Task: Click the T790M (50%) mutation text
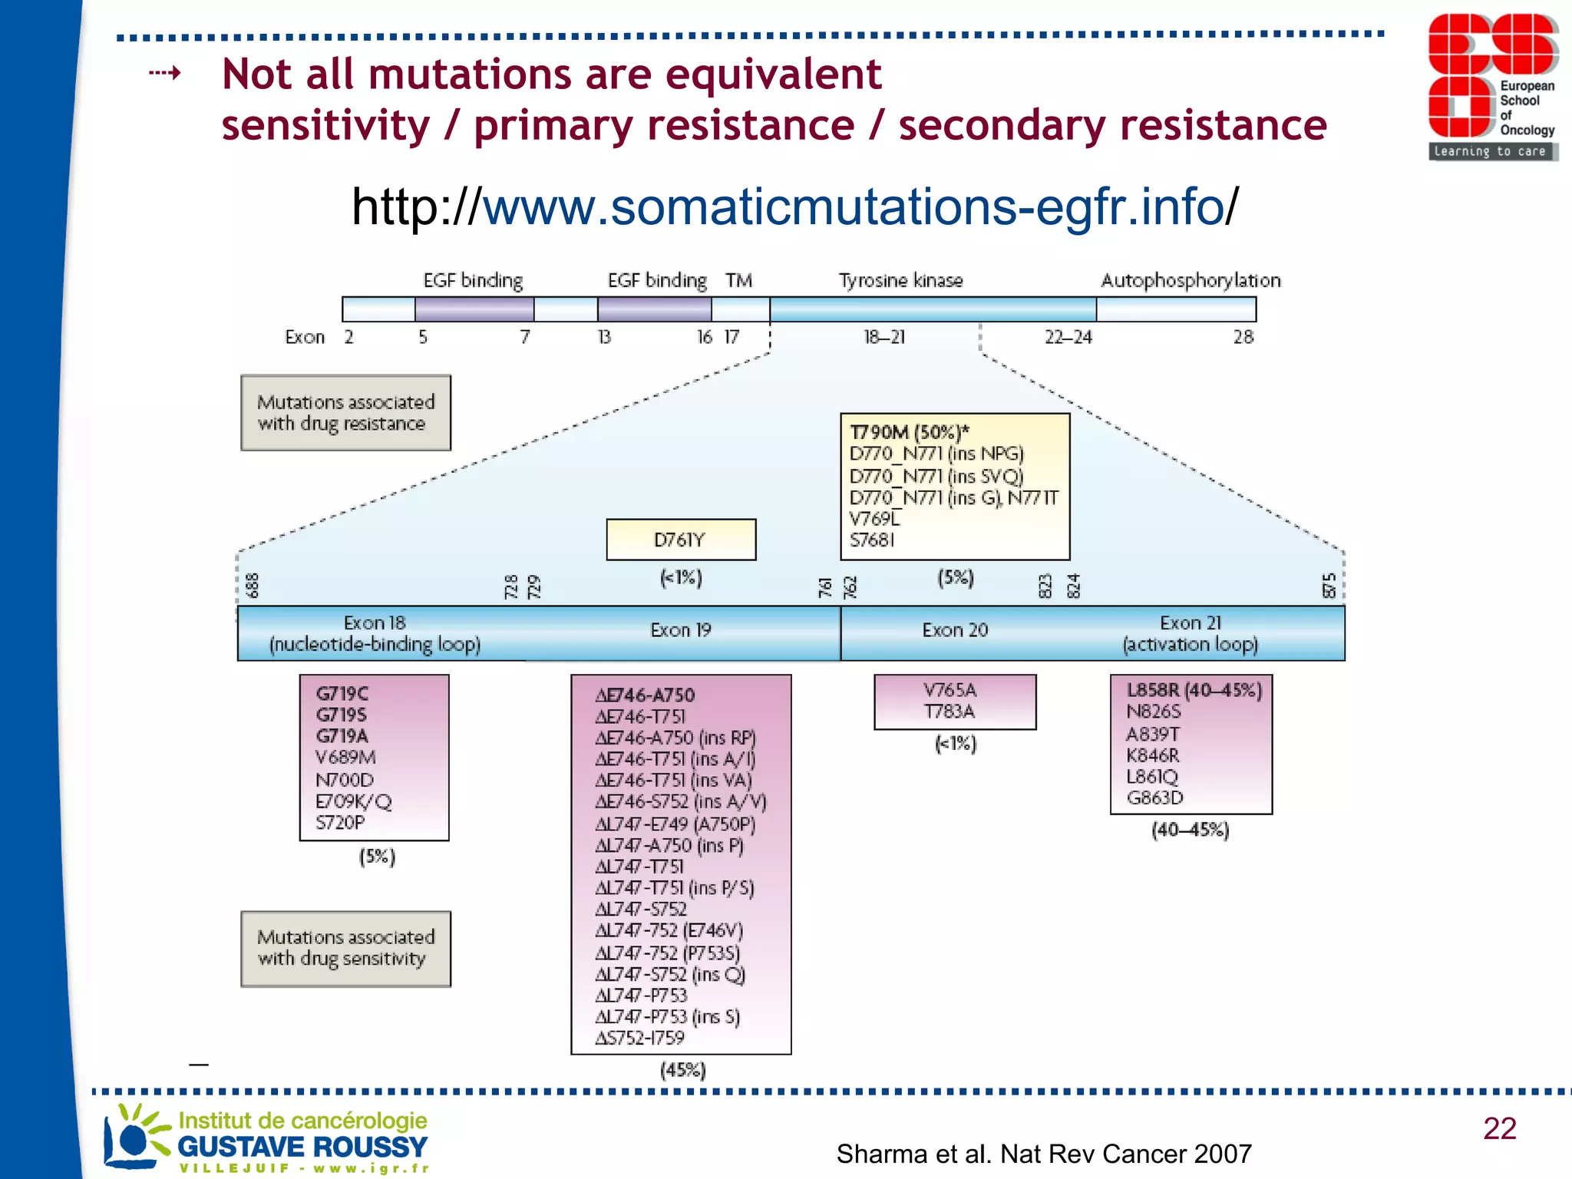[x=909, y=431]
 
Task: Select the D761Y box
[x=680, y=540]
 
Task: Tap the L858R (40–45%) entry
[x=1194, y=690]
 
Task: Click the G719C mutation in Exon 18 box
[x=342, y=693]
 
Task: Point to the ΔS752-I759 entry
[x=639, y=1038]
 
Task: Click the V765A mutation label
[x=949, y=689]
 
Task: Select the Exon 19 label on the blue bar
[x=680, y=630]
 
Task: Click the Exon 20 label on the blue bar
[x=954, y=630]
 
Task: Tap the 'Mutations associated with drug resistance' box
[x=345, y=413]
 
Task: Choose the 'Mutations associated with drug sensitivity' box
[x=345, y=948]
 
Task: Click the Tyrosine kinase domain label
[x=900, y=280]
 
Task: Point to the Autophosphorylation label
[x=1190, y=280]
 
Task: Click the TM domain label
[x=738, y=280]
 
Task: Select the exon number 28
[x=1243, y=337]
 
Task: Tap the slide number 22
[x=1499, y=1128]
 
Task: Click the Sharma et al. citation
[x=1043, y=1153]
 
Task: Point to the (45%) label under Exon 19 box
[x=682, y=1070]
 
